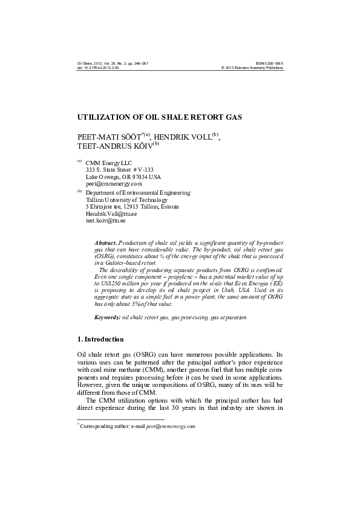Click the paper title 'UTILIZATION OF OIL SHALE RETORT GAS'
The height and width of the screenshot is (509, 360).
pos(159,116)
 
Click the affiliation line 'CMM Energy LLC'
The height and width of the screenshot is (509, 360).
pos(109,163)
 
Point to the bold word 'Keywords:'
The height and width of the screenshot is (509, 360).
pos(108,317)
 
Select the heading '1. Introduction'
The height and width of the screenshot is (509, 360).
pos(100,340)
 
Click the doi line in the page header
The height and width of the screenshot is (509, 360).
pos(98,68)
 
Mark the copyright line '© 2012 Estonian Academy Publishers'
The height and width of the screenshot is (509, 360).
pos(252,68)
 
